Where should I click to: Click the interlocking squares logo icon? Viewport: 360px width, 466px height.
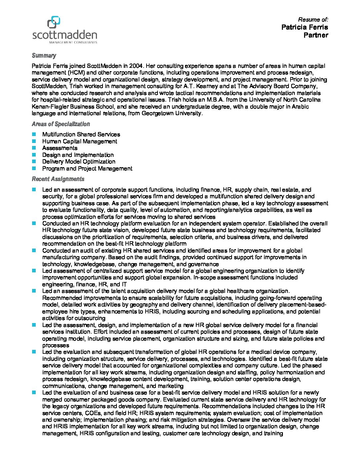point(54,22)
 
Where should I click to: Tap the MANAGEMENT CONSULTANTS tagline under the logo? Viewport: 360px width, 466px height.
point(73,42)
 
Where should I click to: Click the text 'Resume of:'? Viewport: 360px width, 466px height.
point(313,20)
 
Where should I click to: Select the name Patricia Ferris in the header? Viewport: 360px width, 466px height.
point(305,27)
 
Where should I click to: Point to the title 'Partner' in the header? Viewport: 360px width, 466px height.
point(316,35)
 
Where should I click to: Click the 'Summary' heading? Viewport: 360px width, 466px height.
point(44,56)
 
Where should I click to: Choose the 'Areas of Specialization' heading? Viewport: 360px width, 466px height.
point(61,124)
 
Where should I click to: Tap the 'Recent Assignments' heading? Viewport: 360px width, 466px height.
point(58,179)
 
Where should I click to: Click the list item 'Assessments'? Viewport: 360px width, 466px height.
point(60,148)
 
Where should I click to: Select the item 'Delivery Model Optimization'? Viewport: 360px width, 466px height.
point(79,162)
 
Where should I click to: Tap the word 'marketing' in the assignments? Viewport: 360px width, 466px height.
point(170,386)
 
